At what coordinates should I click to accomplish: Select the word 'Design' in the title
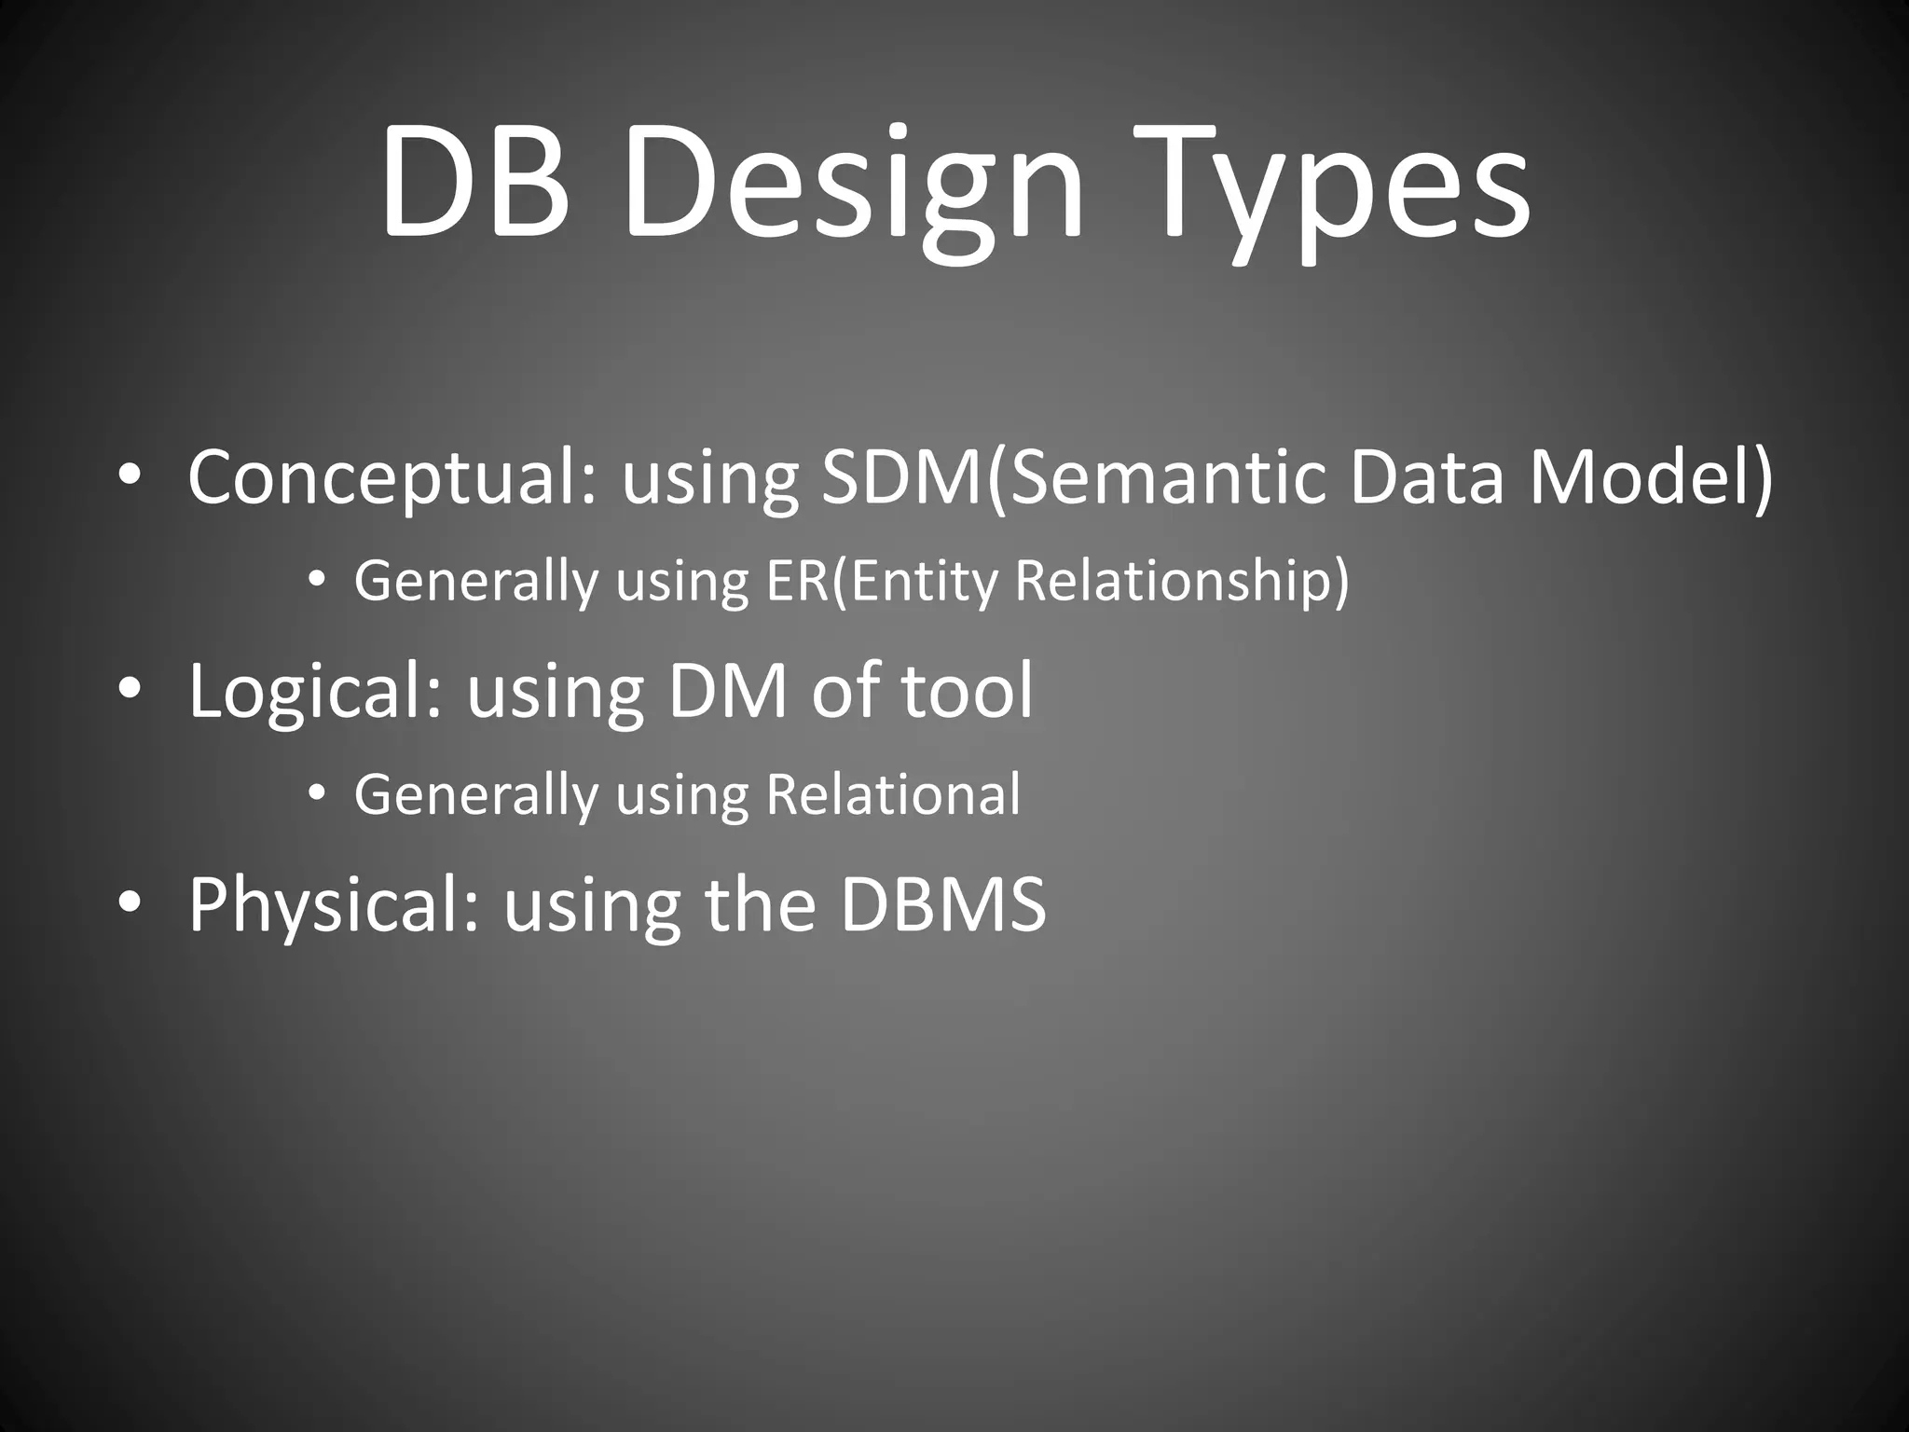coord(854,186)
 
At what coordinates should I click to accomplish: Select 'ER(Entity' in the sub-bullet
coord(881,582)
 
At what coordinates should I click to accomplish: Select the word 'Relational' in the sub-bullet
coord(892,795)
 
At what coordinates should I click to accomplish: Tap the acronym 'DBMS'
coord(942,904)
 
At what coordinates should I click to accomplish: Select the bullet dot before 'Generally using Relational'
coord(316,794)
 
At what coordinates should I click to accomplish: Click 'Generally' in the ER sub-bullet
coord(475,582)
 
